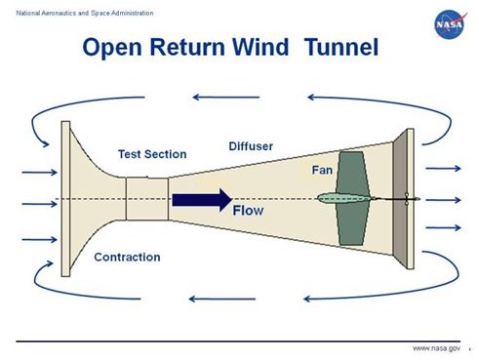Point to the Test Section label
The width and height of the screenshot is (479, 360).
click(152, 154)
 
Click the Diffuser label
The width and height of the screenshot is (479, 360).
click(251, 146)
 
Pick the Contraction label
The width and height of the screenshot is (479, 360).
click(127, 258)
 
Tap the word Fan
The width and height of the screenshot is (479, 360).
click(322, 170)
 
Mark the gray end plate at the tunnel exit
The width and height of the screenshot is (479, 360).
click(403, 199)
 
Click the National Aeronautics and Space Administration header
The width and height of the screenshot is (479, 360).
click(66, 9)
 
